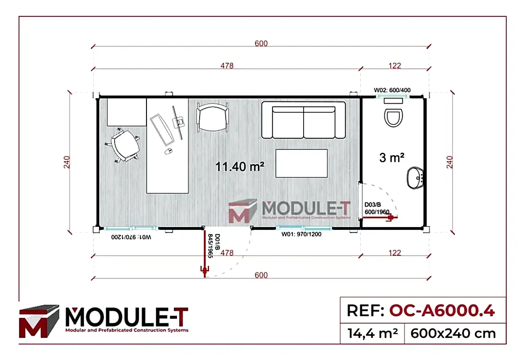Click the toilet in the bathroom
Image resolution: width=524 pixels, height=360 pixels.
[x=394, y=115]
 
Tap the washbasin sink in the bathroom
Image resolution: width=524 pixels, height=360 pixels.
[x=415, y=178]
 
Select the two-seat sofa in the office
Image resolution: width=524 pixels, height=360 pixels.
[x=303, y=120]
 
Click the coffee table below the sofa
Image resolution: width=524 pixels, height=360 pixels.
[x=301, y=163]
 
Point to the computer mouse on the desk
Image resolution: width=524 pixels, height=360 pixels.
[x=168, y=151]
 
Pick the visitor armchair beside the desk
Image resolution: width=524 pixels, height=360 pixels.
[x=213, y=118]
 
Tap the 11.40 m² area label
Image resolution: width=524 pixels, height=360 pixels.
[x=240, y=166]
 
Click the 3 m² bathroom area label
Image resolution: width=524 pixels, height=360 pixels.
[x=392, y=157]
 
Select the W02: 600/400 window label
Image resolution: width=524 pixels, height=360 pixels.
[x=392, y=90]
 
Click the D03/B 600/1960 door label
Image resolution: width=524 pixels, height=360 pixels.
[x=377, y=209]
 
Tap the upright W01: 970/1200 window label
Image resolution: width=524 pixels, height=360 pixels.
[x=301, y=234]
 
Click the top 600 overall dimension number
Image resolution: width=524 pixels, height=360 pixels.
[x=261, y=43]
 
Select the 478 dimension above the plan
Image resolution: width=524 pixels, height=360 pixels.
[x=227, y=66]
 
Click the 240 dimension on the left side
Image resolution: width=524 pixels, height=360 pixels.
[x=67, y=163]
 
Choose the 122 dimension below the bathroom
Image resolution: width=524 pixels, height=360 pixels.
[x=395, y=253]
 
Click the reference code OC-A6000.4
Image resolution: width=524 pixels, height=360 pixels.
[x=441, y=311]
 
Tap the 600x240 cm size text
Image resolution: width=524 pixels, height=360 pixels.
[x=453, y=333]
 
